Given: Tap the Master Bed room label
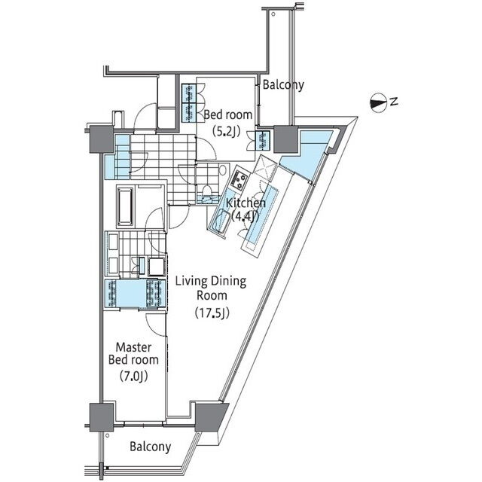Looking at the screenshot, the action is point(133,353).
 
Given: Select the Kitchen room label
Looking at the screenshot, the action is point(246,203).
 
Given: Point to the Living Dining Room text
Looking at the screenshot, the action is point(211,288).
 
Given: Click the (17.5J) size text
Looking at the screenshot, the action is point(212,313).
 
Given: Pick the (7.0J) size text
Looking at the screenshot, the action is point(133,376).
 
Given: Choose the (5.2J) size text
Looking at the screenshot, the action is point(226,132).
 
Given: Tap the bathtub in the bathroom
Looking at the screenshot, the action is point(125,206).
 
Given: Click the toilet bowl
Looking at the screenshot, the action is point(206,191).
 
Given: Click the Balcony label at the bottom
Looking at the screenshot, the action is point(150,447).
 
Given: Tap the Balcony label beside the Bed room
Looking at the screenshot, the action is point(283,84).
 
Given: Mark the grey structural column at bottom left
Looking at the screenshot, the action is point(102,417).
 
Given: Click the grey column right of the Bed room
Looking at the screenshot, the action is point(286,139).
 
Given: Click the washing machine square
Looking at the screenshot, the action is point(157,266).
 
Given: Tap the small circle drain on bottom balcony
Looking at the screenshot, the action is point(107,435).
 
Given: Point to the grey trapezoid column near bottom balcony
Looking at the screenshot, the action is point(211,417).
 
